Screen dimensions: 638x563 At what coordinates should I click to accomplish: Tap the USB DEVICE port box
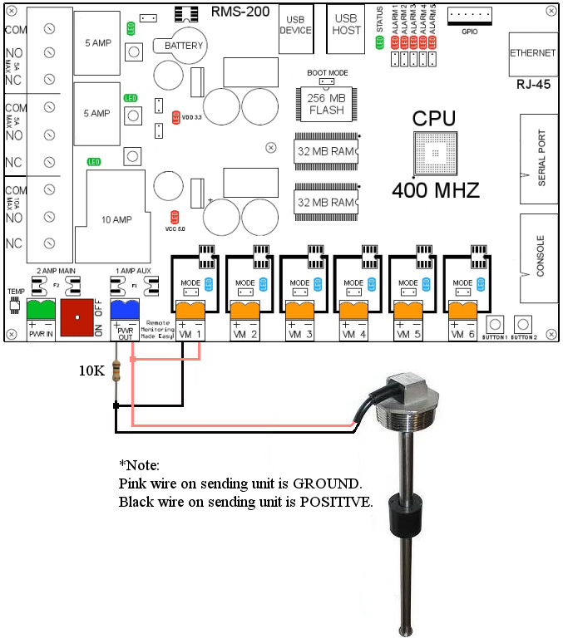click(x=295, y=25)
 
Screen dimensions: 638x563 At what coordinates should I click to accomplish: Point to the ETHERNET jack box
click(x=532, y=53)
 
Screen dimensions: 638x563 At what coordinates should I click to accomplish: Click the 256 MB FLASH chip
click(x=326, y=103)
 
